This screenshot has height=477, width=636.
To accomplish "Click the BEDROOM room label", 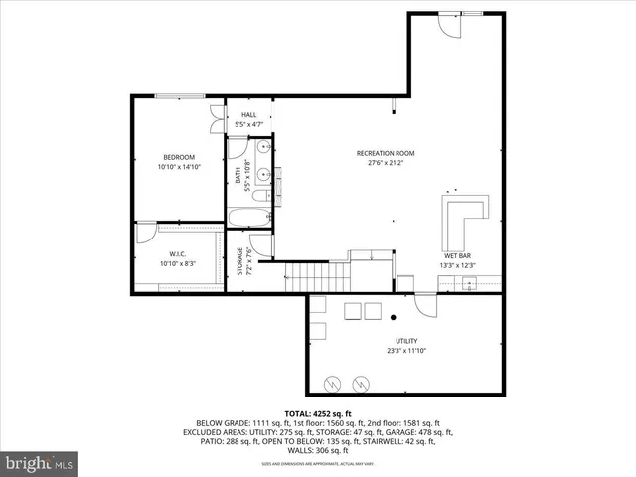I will [x=179, y=157].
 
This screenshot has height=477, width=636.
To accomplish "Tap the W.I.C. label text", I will [x=179, y=253].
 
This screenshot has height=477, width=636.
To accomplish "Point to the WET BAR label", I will [x=458, y=254].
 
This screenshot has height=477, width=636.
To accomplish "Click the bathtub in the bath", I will [x=246, y=217].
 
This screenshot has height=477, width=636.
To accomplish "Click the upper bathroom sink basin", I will [x=261, y=150].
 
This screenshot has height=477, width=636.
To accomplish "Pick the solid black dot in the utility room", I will [x=395, y=317].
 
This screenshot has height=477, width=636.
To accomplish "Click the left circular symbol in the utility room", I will [x=332, y=382].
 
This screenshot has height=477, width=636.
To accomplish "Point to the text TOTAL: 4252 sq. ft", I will [x=318, y=413].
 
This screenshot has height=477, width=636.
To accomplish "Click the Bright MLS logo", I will [x=40, y=463].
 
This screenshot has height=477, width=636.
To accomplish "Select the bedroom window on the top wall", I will [x=181, y=95].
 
